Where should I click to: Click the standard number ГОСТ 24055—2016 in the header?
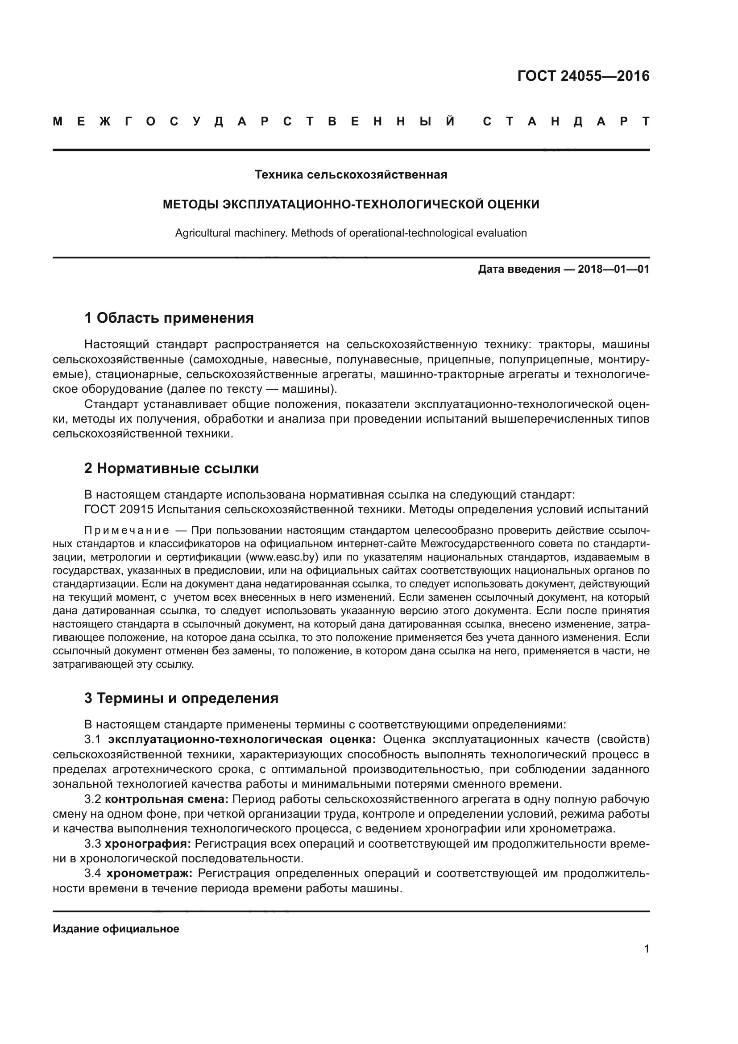[x=583, y=76]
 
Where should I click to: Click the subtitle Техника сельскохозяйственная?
[x=351, y=175]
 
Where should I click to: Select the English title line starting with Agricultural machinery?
[x=351, y=233]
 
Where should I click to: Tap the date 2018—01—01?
[x=613, y=269]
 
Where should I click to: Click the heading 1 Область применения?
[x=169, y=318]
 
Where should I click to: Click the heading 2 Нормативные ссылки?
[x=171, y=468]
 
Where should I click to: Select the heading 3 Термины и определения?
[x=181, y=698]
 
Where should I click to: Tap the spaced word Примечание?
[x=127, y=531]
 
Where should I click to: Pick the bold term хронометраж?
[x=149, y=873]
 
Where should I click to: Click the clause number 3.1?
[x=93, y=740]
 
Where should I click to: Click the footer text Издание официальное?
[x=116, y=929]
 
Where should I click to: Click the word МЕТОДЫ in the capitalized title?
[x=191, y=204]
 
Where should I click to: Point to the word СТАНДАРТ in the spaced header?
[x=566, y=122]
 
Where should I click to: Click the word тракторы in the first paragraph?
[x=563, y=345]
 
